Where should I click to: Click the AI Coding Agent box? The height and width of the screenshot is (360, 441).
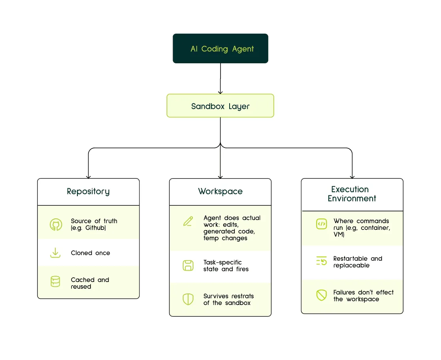220,48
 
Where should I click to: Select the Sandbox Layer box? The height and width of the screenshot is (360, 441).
220,106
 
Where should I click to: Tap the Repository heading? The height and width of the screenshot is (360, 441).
88,191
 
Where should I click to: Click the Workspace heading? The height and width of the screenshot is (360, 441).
220,191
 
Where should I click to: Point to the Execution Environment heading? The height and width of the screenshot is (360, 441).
352,194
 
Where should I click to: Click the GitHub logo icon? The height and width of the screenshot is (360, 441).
56,225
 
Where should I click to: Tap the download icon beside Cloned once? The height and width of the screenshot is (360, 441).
55,253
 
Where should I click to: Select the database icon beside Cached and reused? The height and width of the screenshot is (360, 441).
55,281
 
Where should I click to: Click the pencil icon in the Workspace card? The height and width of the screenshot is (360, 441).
188,221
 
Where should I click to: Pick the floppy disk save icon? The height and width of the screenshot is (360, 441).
188,265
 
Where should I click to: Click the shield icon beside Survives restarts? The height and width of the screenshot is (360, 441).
188,299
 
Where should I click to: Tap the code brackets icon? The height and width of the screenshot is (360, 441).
322,224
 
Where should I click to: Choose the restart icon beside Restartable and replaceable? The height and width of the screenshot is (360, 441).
322,261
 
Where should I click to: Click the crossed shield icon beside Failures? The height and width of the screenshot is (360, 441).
322,295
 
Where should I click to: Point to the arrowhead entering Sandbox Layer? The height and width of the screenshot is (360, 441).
220,92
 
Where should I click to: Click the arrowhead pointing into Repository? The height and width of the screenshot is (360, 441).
88,177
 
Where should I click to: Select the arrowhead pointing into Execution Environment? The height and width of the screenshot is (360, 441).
352,177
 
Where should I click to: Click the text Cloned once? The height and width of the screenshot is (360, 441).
90,253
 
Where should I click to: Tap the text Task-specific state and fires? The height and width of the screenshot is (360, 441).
226,266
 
